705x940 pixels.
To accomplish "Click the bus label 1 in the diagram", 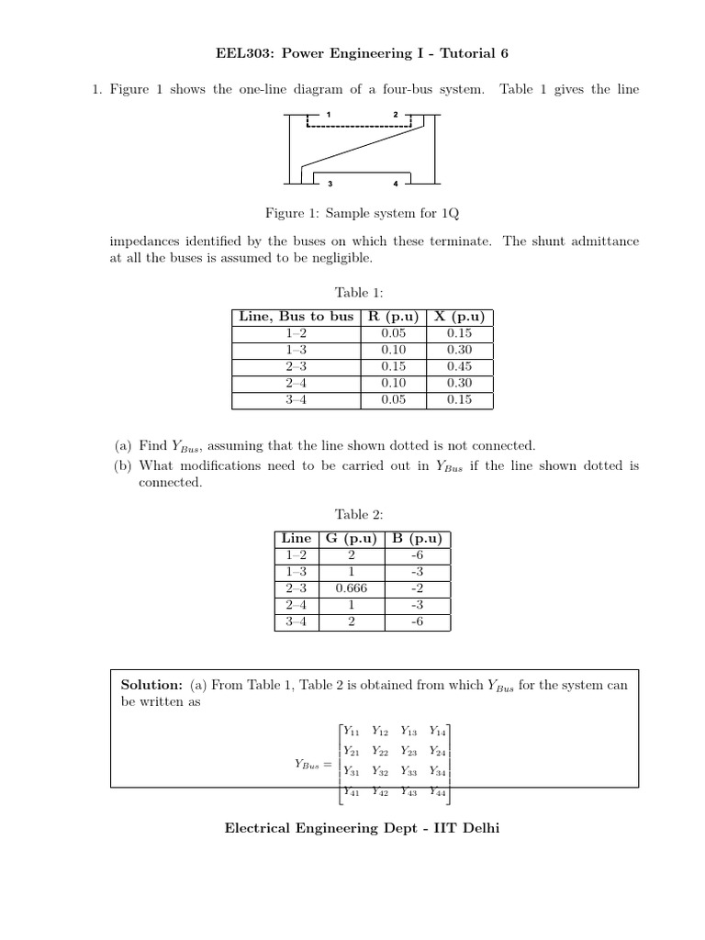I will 328,114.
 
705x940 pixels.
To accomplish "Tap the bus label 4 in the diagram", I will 396,184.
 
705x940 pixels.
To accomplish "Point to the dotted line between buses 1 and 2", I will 362,125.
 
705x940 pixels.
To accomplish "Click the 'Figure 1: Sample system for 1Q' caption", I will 361,213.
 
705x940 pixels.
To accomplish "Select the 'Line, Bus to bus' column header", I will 296,316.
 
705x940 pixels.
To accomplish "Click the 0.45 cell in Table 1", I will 459,366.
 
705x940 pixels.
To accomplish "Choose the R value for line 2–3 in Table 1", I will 393,366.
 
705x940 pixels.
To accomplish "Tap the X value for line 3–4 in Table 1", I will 459,400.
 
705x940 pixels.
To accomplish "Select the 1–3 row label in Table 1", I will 296,350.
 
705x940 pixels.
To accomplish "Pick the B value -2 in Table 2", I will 418,588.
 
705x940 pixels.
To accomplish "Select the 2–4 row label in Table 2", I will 296,605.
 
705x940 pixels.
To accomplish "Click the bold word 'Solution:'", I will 152,685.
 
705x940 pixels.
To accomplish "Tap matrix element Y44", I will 438,791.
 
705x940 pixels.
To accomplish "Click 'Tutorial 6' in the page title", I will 470,53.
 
